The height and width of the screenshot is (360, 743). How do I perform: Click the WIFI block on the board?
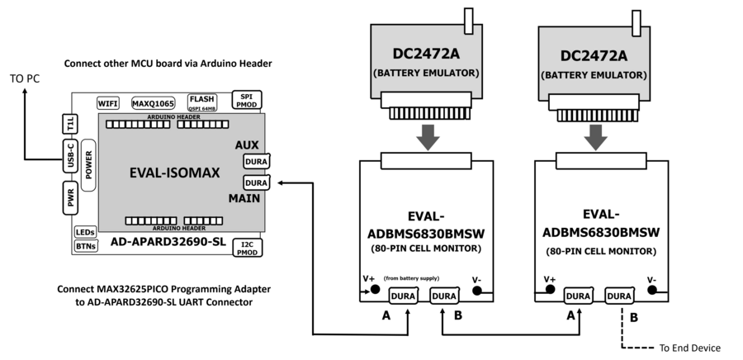108,103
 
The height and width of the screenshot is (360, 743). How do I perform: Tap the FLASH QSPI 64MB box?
202,102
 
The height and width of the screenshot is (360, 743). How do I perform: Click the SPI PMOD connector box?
248,100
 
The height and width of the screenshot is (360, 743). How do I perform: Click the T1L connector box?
70,124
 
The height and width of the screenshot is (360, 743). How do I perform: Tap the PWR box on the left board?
71,199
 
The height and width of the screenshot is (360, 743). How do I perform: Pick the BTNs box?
85,246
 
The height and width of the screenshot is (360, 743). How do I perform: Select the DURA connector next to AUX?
257,163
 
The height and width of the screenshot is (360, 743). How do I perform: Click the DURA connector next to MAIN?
257,182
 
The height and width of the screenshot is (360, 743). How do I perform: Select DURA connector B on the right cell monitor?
620,294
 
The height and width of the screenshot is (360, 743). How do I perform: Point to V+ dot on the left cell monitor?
376,290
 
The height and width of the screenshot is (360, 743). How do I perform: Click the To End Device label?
690,348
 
